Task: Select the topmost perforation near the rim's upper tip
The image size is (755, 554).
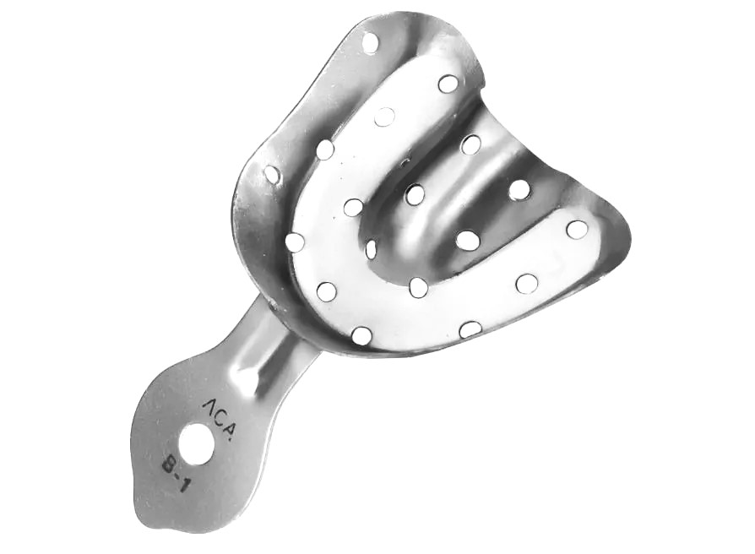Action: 370,42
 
